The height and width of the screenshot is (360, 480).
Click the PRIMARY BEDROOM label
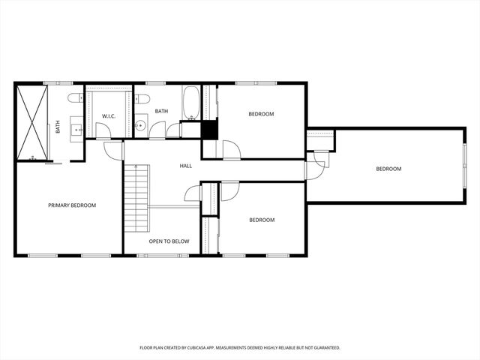pyautogui.click(x=72, y=205)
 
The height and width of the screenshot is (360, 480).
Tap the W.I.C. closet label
pyautogui.click(x=108, y=115)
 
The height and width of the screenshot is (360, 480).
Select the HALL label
pyautogui.click(x=187, y=166)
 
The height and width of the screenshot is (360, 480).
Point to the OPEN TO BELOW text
pyautogui.click(x=169, y=241)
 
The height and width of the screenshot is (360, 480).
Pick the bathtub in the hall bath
pyautogui.click(x=190, y=103)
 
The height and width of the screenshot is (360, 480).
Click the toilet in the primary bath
pyautogui.click(x=75, y=98)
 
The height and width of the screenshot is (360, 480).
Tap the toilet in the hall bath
pyautogui.click(x=141, y=98)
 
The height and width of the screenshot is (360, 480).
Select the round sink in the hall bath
pyautogui.click(x=140, y=125)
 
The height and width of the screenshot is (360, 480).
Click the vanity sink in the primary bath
pyautogui.click(x=77, y=129)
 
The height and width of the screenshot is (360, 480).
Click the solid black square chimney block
pyautogui.click(x=209, y=129)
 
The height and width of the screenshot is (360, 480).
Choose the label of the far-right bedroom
pyautogui.click(x=388, y=169)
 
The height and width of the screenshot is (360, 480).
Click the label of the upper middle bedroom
pyautogui.click(x=261, y=114)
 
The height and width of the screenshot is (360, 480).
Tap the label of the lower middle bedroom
pyautogui.click(x=262, y=220)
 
